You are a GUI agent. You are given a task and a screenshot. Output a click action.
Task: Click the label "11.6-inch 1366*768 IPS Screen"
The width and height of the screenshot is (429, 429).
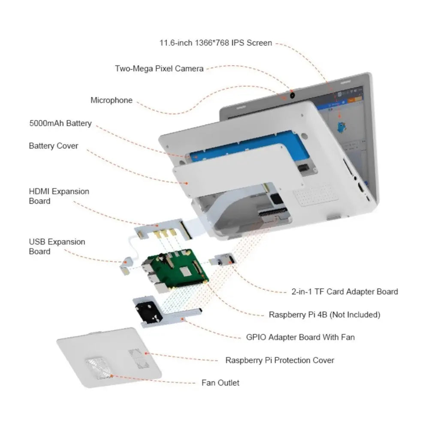coord(215,43)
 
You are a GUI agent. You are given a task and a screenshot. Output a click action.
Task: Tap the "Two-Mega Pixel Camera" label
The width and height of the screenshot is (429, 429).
coord(159,68)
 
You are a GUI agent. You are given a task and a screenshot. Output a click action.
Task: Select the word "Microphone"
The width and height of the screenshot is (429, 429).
coord(111,100)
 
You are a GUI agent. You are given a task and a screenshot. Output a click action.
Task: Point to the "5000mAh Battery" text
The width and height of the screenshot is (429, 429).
coord(60,123)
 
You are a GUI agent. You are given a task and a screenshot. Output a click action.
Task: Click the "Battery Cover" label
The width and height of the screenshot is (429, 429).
coord(53,146)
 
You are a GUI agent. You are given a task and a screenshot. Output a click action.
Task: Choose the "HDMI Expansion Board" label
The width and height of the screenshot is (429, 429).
coord(59,196)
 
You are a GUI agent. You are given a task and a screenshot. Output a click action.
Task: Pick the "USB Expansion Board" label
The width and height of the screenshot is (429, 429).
coord(57,246)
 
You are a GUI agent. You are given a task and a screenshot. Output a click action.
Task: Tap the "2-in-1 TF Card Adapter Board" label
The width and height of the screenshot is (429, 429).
coord(342,292)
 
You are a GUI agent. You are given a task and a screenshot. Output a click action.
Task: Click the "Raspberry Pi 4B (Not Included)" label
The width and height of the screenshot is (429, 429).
coord(324,314)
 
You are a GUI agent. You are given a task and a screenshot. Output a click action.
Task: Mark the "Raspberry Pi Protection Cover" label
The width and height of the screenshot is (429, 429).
coord(280,360)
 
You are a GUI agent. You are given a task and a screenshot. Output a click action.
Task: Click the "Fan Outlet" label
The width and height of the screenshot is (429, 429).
coord(221,383)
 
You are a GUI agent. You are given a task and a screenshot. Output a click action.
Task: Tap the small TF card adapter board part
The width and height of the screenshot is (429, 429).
coord(223,260)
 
